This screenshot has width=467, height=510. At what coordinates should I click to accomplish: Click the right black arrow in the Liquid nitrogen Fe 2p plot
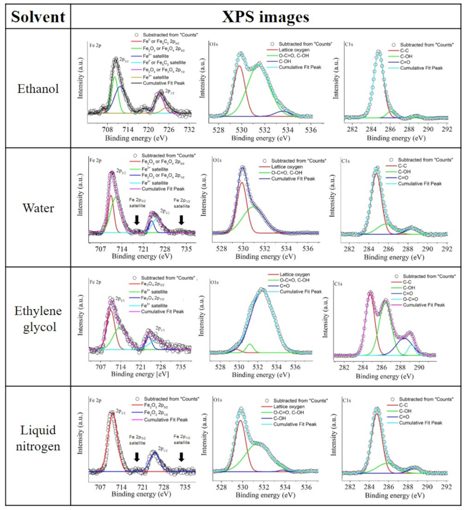click(181, 457)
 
